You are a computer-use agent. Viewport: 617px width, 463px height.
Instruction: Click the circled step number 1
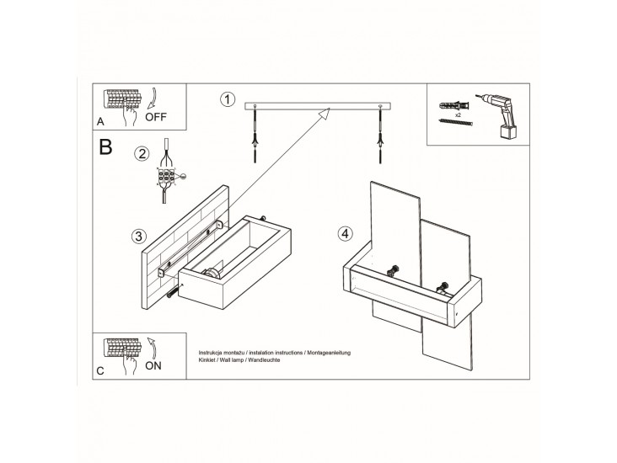pos(226,100)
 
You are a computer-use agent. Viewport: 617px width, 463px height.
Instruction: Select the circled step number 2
pos(142,153)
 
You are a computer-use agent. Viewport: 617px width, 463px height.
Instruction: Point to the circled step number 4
pos(344,232)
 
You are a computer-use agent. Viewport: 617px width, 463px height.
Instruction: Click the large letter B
pos(105,147)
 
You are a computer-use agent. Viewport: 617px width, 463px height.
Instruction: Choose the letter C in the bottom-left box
pos(101,370)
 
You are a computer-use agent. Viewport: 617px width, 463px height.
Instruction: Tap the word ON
pos(156,366)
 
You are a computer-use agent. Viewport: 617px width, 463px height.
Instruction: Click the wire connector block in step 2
pos(168,178)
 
